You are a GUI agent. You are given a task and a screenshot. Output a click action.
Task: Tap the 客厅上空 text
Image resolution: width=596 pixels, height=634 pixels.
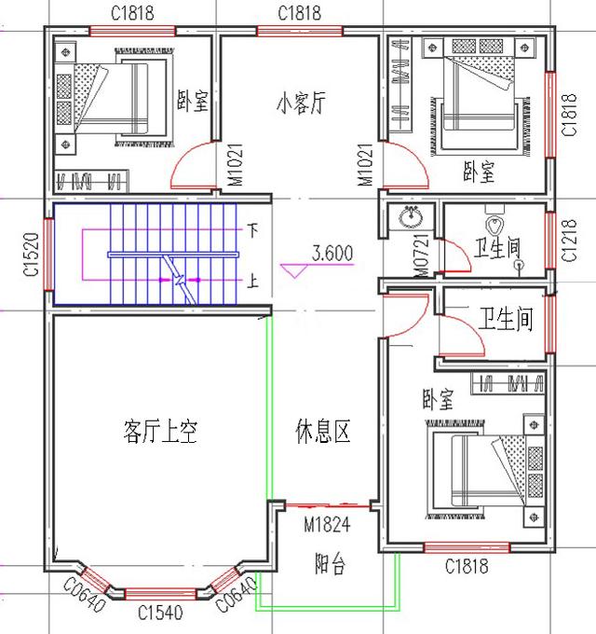[x=159, y=431]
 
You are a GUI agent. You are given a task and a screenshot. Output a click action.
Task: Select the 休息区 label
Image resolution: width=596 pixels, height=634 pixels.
[x=322, y=432]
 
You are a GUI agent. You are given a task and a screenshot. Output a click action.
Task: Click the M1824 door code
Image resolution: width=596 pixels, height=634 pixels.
[x=326, y=526]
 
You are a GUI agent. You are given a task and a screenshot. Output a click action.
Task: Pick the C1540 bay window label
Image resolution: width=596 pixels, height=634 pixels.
[x=160, y=613]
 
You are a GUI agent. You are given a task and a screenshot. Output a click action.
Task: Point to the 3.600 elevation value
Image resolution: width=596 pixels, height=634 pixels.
[x=332, y=253]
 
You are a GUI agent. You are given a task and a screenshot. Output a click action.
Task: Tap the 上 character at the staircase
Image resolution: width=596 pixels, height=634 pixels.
[x=251, y=279]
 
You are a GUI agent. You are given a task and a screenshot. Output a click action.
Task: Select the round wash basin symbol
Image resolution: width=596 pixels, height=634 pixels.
[x=411, y=217]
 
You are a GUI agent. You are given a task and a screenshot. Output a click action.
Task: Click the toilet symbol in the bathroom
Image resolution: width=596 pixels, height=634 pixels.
[x=494, y=226]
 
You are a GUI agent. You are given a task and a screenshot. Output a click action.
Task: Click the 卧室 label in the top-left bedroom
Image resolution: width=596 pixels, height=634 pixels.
[x=193, y=101]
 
